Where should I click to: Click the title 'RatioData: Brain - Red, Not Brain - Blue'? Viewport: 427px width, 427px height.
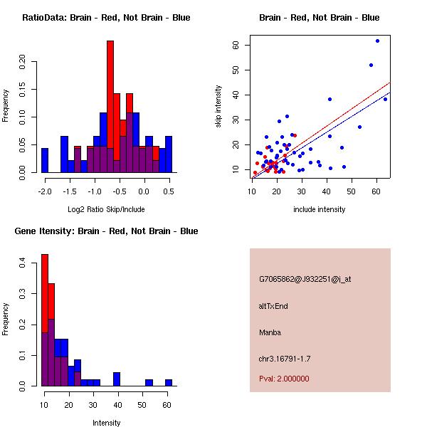106,18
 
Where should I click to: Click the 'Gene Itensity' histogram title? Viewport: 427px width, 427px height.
106,231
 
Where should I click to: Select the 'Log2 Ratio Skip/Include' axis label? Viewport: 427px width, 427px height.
106,209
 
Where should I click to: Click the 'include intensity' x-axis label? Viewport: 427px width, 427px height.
320,209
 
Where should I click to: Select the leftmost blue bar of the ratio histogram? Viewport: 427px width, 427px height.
44,160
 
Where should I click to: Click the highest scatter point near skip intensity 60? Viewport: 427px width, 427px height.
377,41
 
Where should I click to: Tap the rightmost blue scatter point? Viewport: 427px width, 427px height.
385,99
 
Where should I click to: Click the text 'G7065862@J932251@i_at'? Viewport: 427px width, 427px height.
305,279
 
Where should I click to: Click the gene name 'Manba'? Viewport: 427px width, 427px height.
270,332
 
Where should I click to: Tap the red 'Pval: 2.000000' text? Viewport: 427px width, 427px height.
284,379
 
